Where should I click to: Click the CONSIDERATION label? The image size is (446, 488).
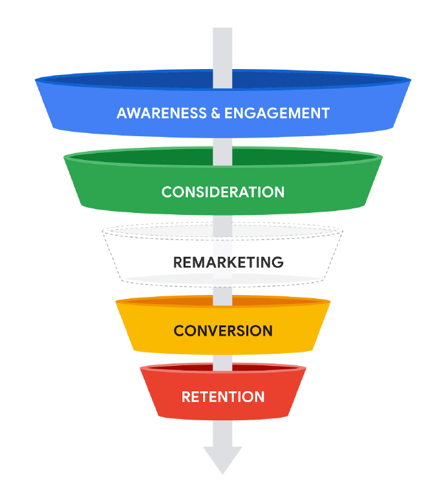pyautogui.click(x=223, y=192)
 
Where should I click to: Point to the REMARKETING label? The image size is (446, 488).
pyautogui.click(x=228, y=263)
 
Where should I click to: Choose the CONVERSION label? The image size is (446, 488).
pyautogui.click(x=223, y=331)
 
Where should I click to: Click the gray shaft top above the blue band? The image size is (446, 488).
pyautogui.click(x=223, y=48)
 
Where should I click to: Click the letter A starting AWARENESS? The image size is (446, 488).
pyautogui.click(x=122, y=113)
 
